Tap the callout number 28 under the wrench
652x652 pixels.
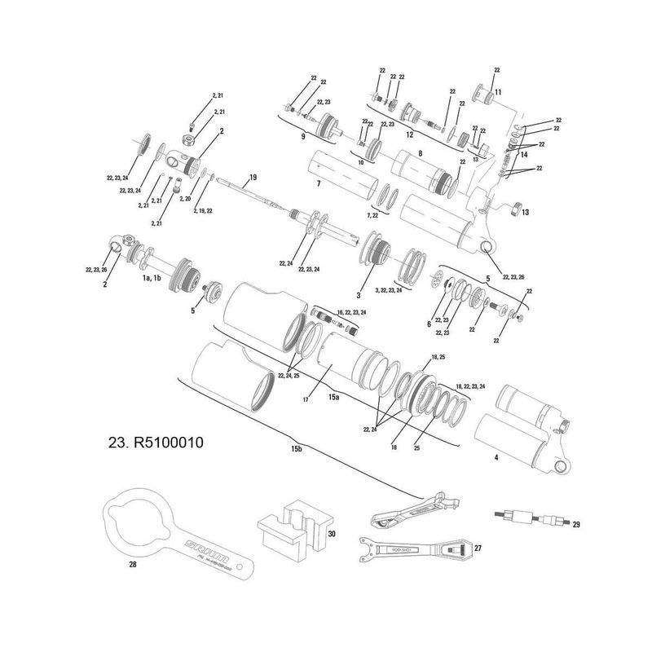click(x=133, y=563)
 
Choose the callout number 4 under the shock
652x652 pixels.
click(x=496, y=458)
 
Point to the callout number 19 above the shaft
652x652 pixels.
click(x=253, y=177)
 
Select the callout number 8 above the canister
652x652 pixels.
click(x=420, y=152)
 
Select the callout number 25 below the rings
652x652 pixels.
click(x=416, y=447)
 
